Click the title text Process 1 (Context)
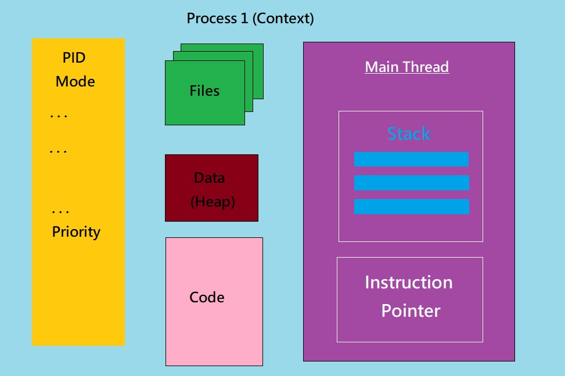point(250,19)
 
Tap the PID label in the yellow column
point(74,57)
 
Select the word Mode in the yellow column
point(75,81)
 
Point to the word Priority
point(76,232)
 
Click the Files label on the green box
point(204,91)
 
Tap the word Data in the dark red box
point(210,178)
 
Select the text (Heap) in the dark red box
point(213,202)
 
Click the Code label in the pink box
point(207,298)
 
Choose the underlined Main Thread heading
point(407,67)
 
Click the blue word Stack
point(409,133)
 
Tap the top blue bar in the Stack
point(411,159)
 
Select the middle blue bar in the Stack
point(412,183)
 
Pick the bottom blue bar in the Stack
point(412,207)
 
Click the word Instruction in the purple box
point(409,283)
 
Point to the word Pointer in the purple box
point(411,311)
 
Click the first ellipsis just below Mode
point(59,116)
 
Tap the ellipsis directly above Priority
point(60,212)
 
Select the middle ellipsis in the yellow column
point(59,151)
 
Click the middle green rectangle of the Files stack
point(249,81)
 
